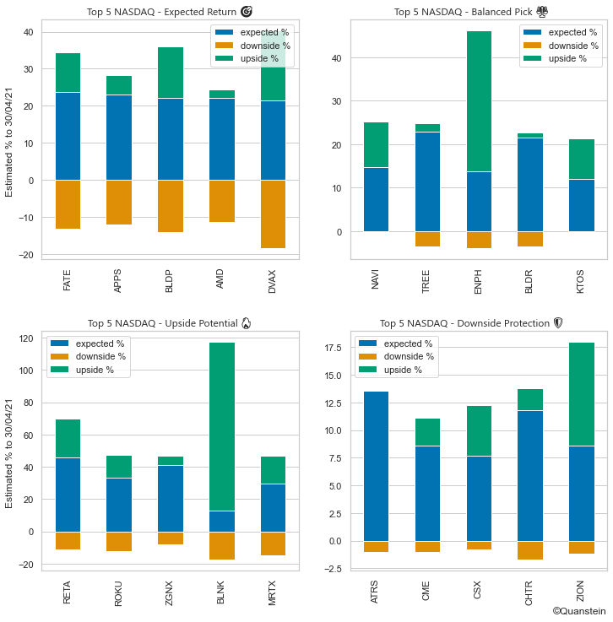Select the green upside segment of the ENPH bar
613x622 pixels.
480,101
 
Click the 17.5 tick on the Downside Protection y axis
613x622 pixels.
334,348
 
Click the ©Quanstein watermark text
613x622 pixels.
580,610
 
